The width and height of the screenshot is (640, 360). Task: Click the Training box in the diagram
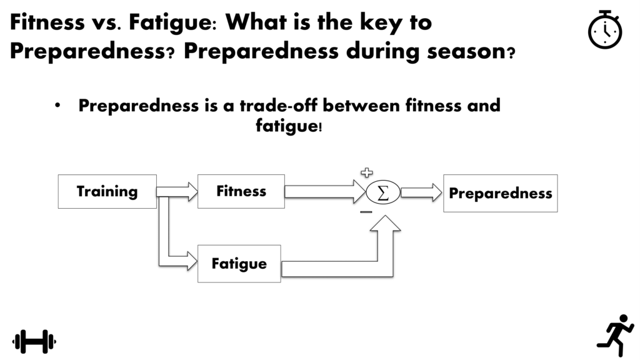pos(107,191)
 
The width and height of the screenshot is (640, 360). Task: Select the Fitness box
pos(241,191)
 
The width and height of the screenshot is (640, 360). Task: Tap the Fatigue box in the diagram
pos(239,264)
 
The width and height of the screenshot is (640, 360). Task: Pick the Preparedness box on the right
pos(501,194)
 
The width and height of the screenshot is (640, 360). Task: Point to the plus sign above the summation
pos(367,172)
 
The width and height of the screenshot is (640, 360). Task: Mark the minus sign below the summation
pos(366,212)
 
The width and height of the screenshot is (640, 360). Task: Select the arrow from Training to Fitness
pos(177,192)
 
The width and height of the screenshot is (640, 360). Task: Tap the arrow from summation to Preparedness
pos(421,192)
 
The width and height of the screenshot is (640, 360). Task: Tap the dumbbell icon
pos(34,341)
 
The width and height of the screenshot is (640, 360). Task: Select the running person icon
pos(616,335)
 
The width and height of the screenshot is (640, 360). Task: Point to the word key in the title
pos(381,23)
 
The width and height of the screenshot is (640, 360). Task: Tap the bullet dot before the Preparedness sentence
pos(57,105)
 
